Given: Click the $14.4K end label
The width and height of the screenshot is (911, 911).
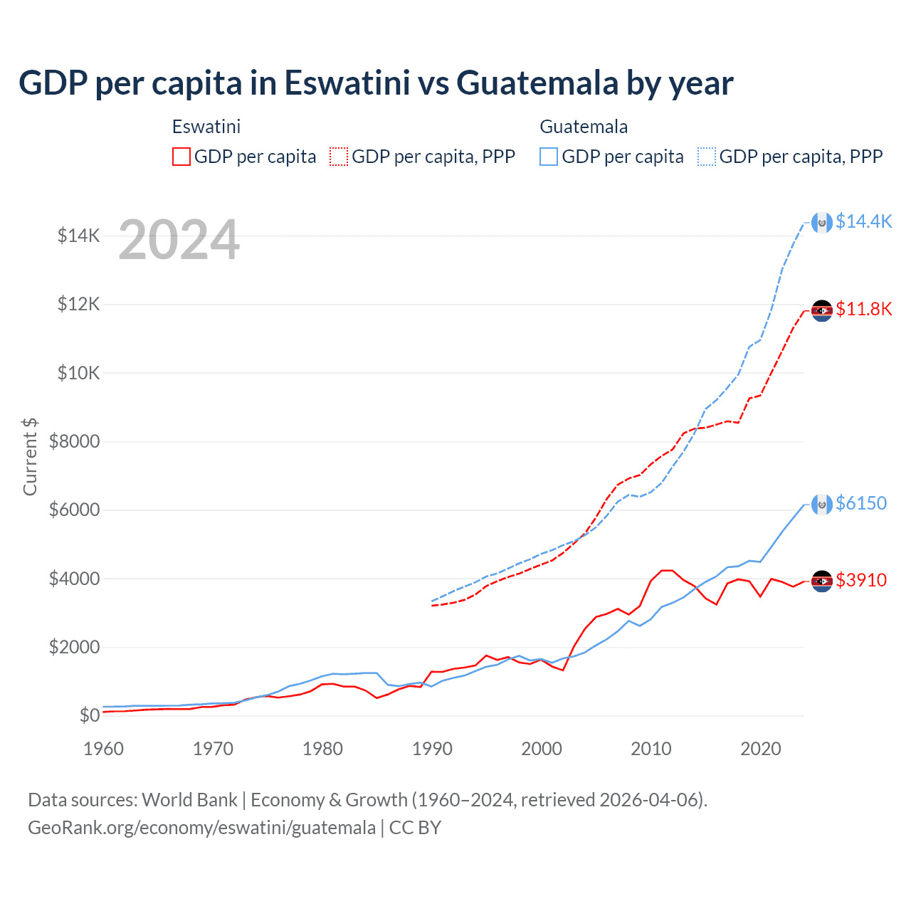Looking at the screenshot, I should click(x=863, y=221).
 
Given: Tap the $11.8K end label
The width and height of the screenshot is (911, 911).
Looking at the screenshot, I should click(x=863, y=309).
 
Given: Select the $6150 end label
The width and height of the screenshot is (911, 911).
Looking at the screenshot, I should click(x=861, y=503).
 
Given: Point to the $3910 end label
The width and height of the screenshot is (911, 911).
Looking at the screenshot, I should click(x=861, y=580).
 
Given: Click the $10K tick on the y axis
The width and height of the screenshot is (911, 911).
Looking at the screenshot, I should click(x=78, y=373).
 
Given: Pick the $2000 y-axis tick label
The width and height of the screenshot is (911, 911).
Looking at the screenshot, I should click(x=74, y=647).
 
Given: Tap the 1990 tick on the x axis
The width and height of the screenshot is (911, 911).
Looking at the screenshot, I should click(x=432, y=749).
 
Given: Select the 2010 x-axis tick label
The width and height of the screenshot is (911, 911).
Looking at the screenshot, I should click(x=651, y=749).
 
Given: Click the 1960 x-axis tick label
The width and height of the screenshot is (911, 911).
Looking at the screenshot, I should click(x=104, y=749).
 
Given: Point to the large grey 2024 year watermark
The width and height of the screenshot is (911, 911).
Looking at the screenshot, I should click(x=179, y=240).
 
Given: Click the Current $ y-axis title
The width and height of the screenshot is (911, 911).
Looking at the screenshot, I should click(x=30, y=456).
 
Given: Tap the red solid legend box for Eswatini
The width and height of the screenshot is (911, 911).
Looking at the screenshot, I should click(x=181, y=157).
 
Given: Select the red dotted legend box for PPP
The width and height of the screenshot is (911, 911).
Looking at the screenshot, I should click(x=339, y=157).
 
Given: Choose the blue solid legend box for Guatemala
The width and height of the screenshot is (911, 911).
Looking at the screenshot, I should click(x=549, y=157).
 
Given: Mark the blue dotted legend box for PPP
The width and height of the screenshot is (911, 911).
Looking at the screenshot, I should click(x=707, y=157).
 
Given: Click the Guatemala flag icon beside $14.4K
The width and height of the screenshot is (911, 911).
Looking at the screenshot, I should click(x=822, y=223).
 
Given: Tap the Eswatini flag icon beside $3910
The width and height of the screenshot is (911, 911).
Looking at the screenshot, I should click(x=822, y=581).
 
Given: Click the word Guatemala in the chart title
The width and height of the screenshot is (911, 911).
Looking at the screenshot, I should click(x=537, y=83).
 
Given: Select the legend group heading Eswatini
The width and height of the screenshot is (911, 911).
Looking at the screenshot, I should click(x=206, y=127).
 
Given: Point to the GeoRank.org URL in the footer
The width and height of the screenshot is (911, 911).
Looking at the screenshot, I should click(x=201, y=828).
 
